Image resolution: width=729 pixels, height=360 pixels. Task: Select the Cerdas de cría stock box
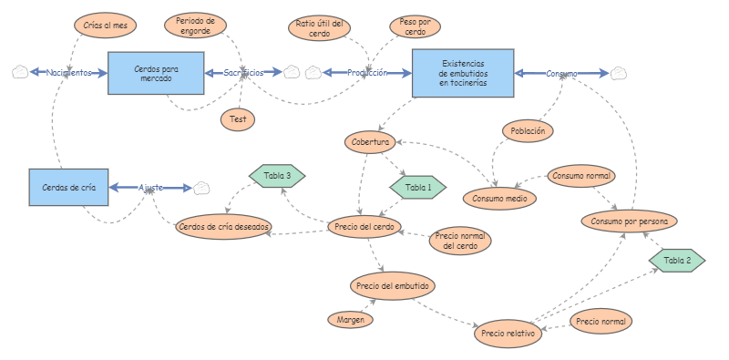tap(68, 188)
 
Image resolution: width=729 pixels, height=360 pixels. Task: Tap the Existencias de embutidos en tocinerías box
tap(462, 73)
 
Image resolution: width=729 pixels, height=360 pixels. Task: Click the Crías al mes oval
tap(104, 25)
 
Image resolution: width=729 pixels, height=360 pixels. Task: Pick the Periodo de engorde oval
tap(196, 25)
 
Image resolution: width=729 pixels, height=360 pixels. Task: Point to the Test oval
tap(238, 118)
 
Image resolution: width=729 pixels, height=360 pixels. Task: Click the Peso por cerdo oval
tap(416, 26)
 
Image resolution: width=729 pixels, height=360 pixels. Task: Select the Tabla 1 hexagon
tap(418, 187)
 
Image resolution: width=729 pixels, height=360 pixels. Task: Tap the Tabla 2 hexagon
tap(677, 261)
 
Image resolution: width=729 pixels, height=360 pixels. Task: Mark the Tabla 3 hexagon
tap(277, 175)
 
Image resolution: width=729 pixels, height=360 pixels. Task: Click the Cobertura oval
tap(370, 142)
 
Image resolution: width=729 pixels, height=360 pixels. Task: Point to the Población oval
tap(528, 131)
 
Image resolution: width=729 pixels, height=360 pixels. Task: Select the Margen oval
tap(351, 319)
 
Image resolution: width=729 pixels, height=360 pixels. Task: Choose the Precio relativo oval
tap(508, 334)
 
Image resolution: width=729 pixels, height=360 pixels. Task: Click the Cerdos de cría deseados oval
tap(223, 226)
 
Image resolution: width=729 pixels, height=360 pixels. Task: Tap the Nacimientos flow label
tap(69, 73)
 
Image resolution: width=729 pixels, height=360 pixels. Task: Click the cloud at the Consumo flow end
tap(620, 73)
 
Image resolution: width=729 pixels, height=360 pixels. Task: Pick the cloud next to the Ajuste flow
tap(201, 188)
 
